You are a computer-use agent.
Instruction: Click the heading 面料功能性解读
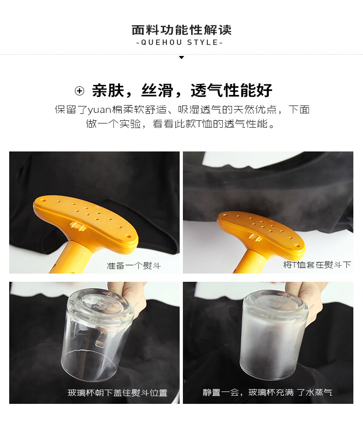(x=181, y=30)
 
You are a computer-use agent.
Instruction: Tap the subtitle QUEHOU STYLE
(x=180, y=43)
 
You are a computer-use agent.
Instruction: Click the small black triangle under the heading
(x=181, y=57)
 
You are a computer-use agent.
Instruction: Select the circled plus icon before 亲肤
(x=79, y=91)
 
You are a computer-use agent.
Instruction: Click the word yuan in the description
(x=99, y=110)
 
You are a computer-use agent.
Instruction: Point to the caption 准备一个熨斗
(x=134, y=266)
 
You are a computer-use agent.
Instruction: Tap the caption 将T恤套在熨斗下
(x=317, y=264)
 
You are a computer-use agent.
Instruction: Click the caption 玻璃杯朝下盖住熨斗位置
(x=117, y=392)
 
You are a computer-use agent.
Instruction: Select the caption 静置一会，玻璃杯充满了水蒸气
(x=267, y=392)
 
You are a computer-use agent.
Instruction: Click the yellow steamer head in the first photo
(x=85, y=222)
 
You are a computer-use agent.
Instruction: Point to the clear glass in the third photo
(x=98, y=334)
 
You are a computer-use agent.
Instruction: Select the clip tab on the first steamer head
(x=78, y=226)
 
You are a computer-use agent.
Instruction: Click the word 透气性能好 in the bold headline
(x=232, y=90)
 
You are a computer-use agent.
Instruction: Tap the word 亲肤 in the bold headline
(x=108, y=90)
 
